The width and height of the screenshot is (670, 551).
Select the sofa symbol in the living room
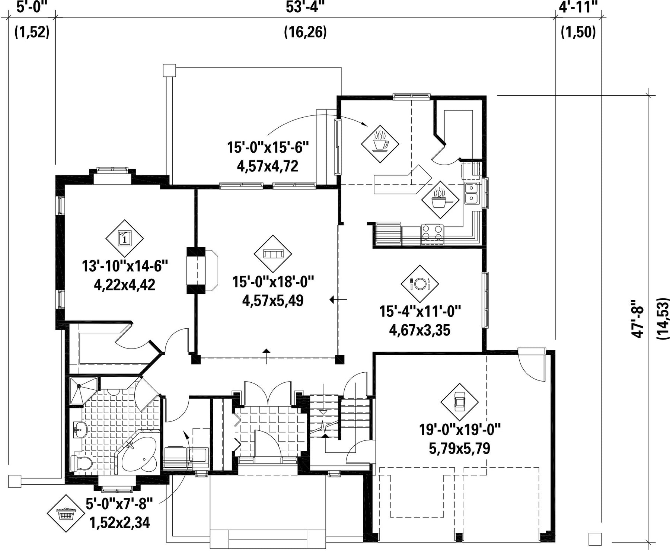(273, 254)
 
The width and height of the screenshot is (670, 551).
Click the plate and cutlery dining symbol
(420, 284)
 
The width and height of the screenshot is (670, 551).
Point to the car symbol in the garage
(459, 402)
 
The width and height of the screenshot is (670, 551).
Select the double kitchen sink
(472, 193)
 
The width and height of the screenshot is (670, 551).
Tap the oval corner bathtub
(139, 455)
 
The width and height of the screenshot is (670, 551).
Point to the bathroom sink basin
(80, 431)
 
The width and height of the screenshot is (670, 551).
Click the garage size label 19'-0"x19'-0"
(460, 430)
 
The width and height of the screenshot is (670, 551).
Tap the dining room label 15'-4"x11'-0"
(420, 311)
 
